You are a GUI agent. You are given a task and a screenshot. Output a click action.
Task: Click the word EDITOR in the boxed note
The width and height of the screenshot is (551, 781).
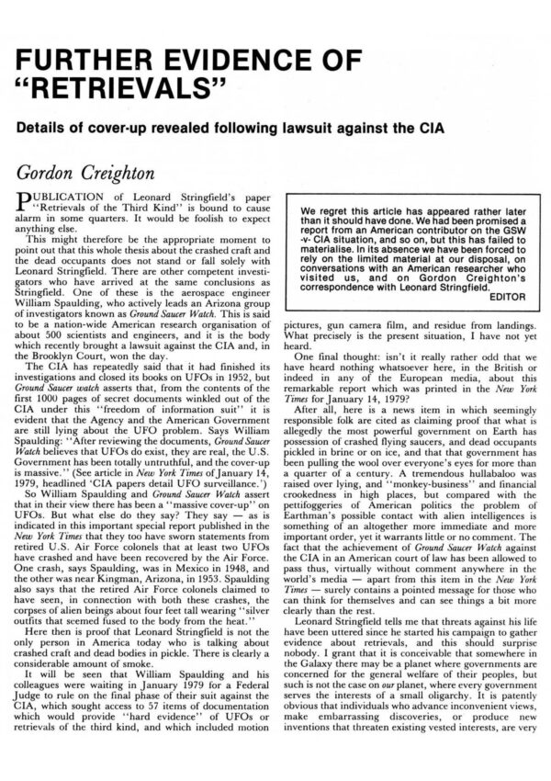coord(500,323)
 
